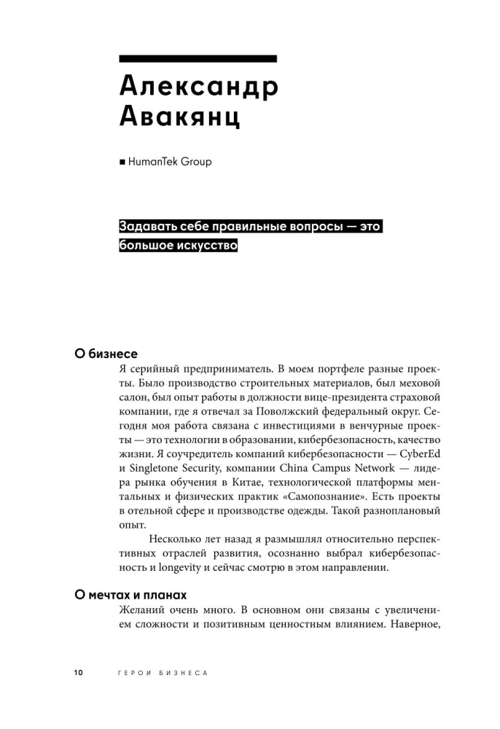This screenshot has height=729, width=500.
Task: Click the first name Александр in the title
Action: (x=198, y=87)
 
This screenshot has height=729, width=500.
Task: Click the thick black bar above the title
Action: (x=198, y=58)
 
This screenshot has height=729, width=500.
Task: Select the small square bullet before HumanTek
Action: (x=122, y=163)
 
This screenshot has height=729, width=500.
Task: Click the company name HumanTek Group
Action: (x=170, y=162)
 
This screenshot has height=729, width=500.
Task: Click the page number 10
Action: (x=78, y=673)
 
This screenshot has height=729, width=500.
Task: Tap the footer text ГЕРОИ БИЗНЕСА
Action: (x=163, y=673)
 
